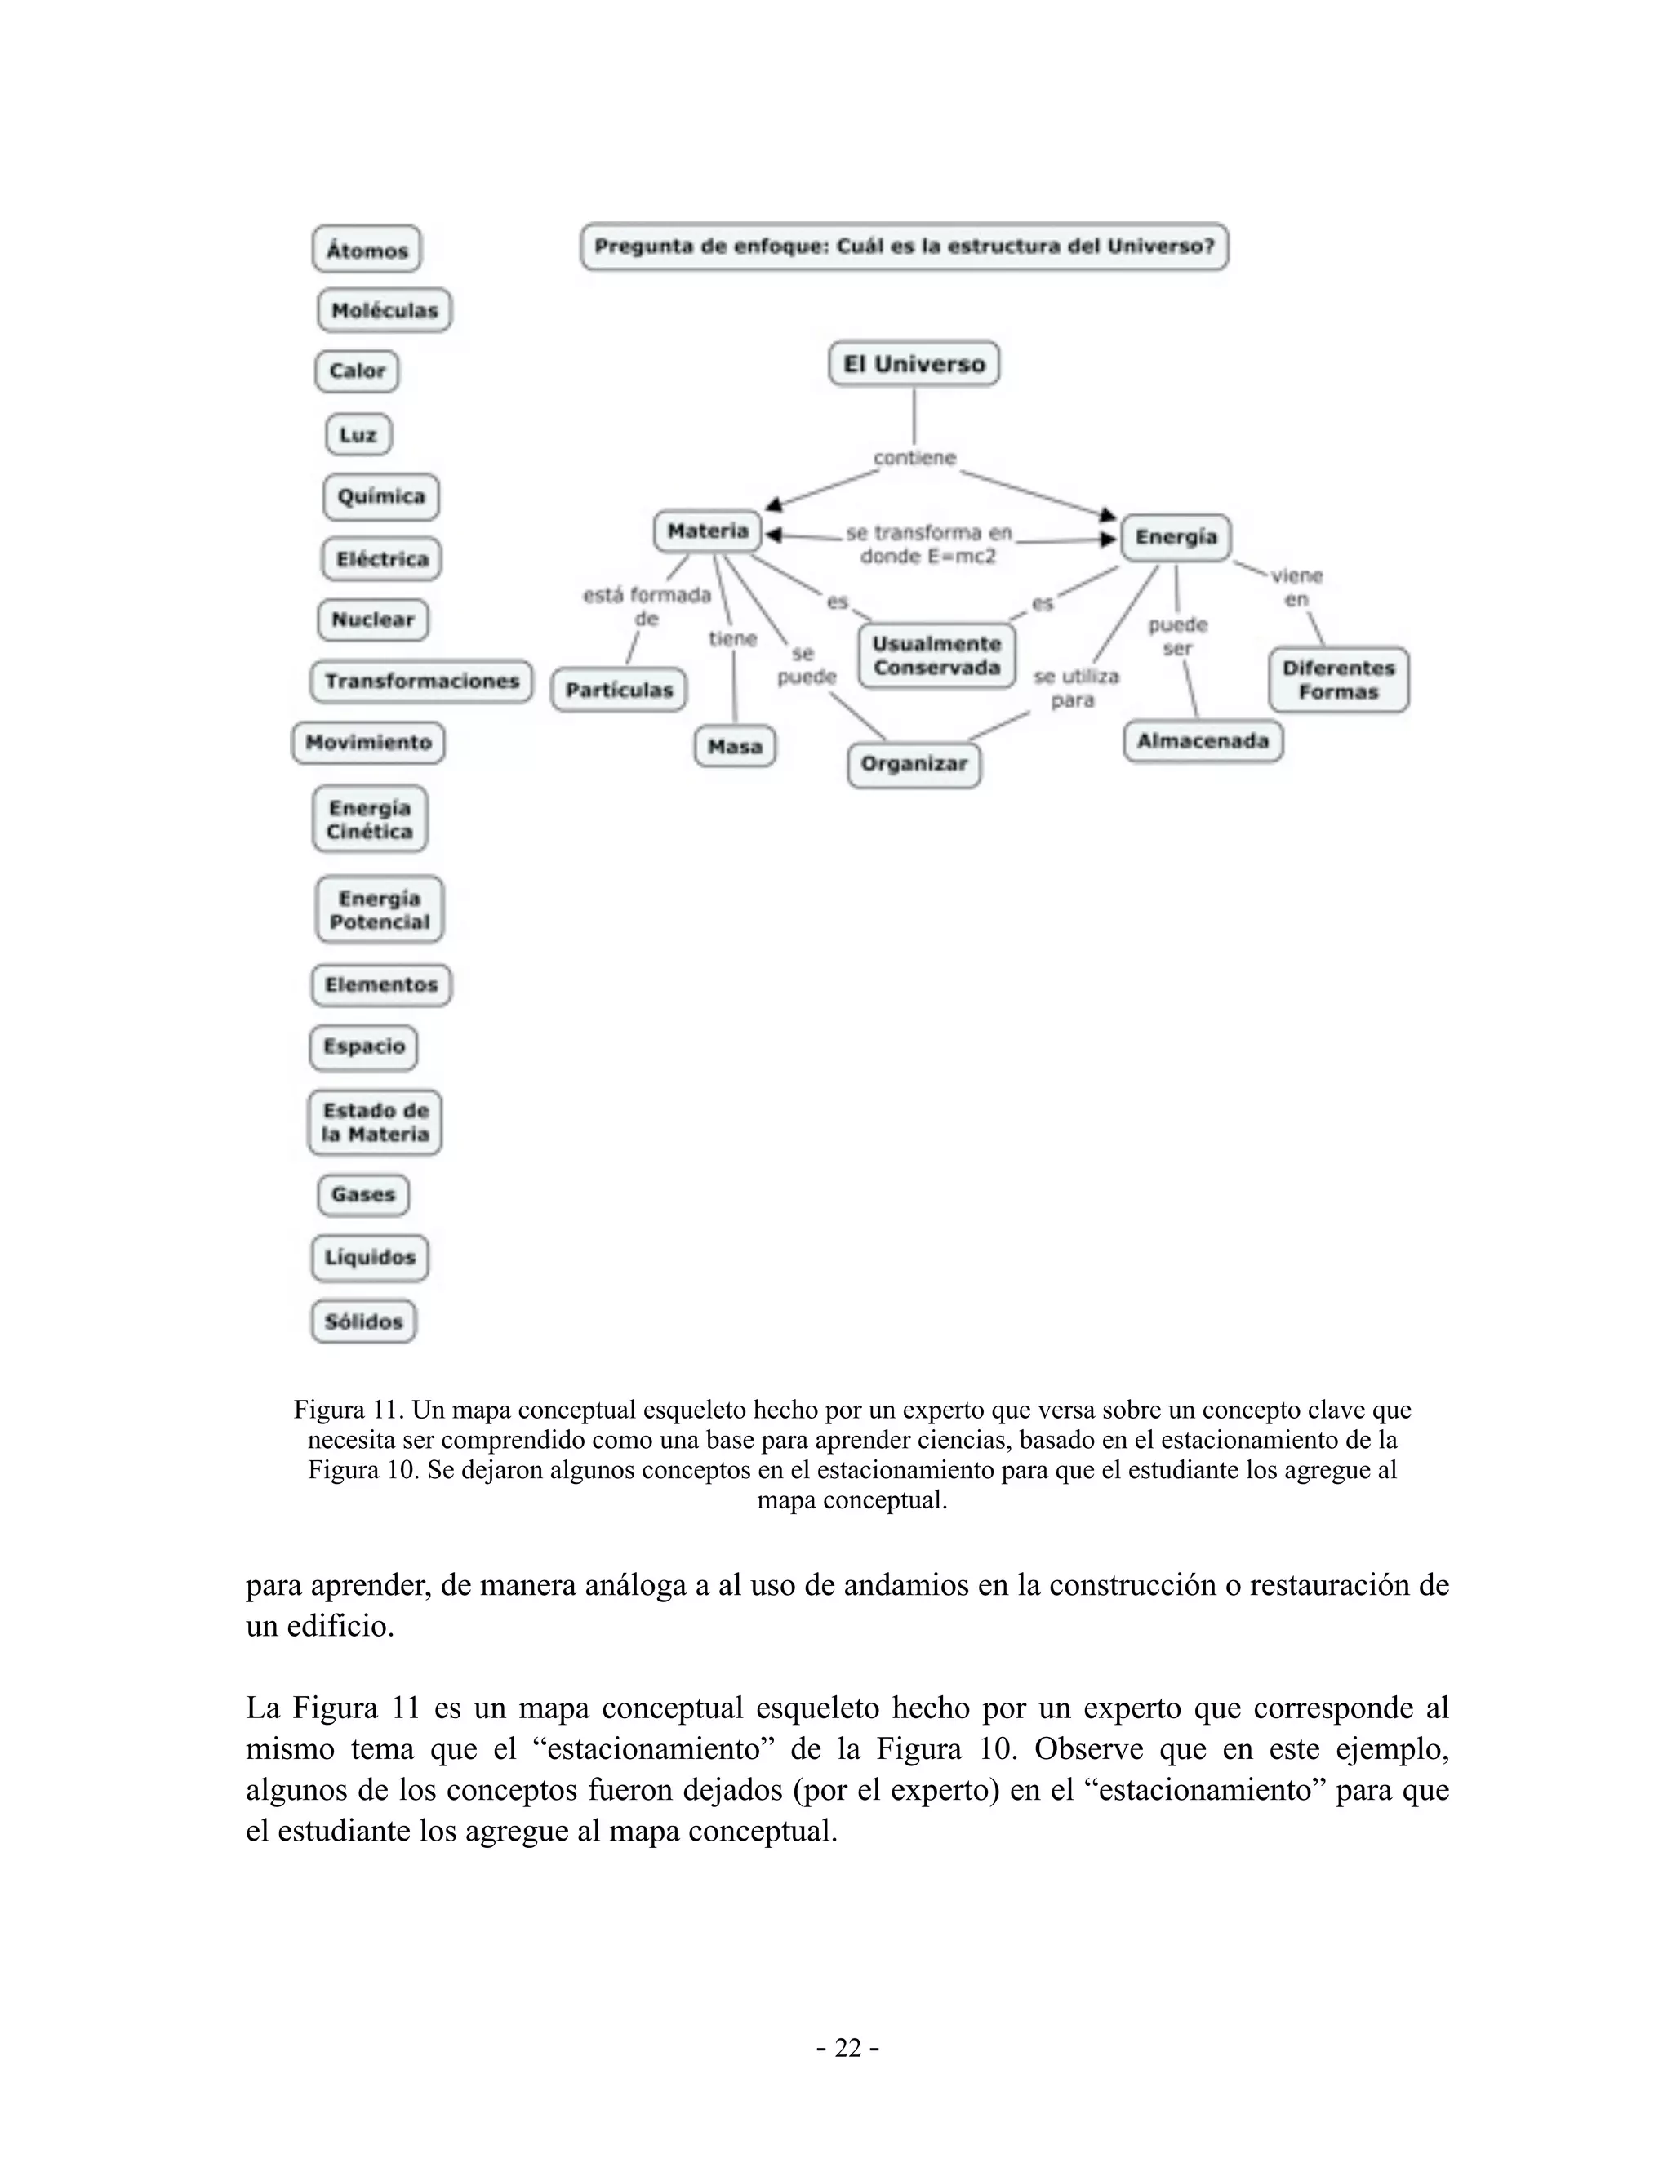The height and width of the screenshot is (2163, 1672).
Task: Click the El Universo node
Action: [914, 365]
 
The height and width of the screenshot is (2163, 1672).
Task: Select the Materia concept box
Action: [707, 532]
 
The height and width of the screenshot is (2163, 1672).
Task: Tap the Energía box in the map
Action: [1176, 538]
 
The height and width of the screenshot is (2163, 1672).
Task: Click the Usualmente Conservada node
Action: [936, 655]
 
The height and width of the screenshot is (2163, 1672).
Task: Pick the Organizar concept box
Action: [914, 765]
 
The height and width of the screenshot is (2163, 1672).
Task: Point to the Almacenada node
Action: [1203, 741]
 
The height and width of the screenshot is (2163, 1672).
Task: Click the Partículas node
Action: [619, 691]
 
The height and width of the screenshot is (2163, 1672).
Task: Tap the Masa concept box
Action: [735, 747]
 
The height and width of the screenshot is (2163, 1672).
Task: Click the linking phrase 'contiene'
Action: [914, 459]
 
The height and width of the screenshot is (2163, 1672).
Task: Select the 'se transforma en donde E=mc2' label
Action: [928, 544]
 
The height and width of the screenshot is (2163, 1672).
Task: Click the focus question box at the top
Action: [904, 247]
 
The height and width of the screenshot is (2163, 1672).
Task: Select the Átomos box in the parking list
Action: [367, 250]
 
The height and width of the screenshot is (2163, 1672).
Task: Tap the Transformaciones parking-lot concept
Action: [421, 682]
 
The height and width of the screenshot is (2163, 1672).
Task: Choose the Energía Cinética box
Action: [370, 819]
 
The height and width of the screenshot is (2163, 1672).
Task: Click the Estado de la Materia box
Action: [375, 1122]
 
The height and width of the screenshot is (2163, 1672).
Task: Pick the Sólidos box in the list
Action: [363, 1321]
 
